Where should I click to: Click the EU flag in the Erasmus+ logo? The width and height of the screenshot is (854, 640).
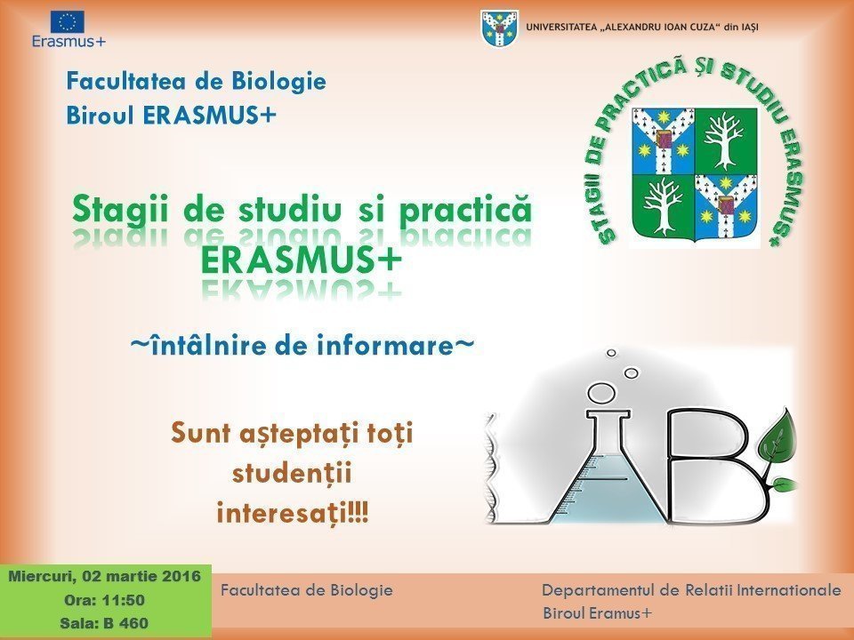coord(68,22)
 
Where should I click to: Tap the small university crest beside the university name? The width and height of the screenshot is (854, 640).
coord(499,28)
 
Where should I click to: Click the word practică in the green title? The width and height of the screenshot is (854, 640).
coord(465,210)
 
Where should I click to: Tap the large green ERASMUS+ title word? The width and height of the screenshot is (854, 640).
coord(301,260)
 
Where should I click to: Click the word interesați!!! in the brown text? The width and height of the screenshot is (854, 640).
coord(293,513)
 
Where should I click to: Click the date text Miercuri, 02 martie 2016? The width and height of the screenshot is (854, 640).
coord(105,576)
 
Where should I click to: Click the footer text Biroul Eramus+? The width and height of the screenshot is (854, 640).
coord(597,613)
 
